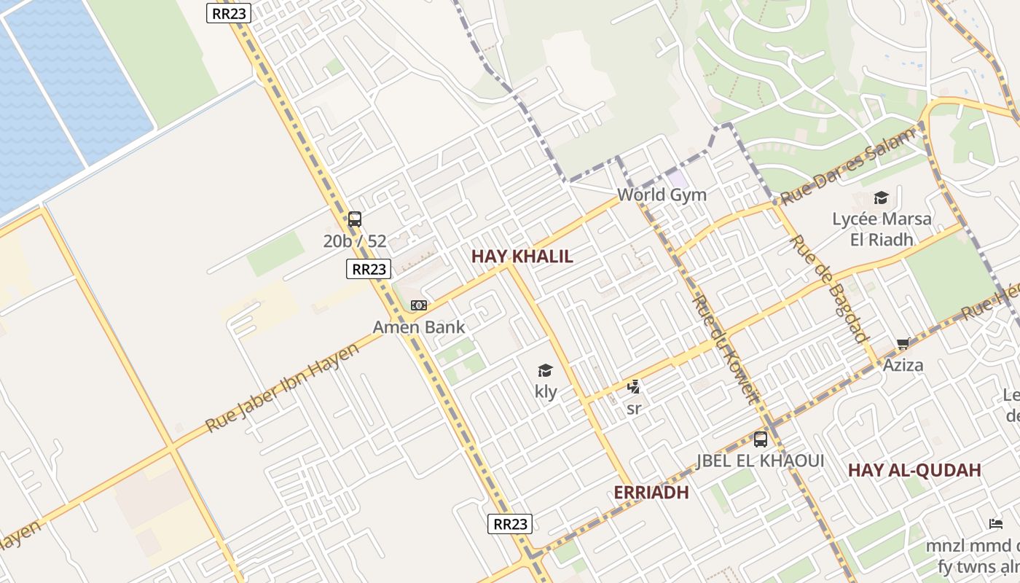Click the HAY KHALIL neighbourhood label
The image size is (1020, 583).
coord(522,257)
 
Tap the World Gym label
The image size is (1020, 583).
coord(662,195)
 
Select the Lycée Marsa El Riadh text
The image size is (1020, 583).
coord(881,229)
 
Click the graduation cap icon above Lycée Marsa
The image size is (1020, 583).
coord(881,198)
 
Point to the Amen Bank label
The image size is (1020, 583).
coord(418,327)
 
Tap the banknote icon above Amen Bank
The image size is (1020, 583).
coord(418,305)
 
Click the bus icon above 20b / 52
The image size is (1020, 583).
coord(355,219)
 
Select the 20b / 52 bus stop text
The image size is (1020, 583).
coord(355,241)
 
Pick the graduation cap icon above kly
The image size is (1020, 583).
coord(545,371)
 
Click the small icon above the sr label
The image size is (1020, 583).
coord(634,387)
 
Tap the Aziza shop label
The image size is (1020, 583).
coord(903,365)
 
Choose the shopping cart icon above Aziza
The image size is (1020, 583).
coord(903,344)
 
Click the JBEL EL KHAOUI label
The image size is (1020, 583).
coord(761,461)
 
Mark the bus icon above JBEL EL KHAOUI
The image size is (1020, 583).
coord(761,439)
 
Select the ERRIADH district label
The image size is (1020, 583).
coord(651,493)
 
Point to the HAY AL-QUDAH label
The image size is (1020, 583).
coord(914,471)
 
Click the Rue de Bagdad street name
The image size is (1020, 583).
coord(830,289)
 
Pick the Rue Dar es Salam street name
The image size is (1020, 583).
coord(847,166)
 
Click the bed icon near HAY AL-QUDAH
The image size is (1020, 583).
coord(995,523)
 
